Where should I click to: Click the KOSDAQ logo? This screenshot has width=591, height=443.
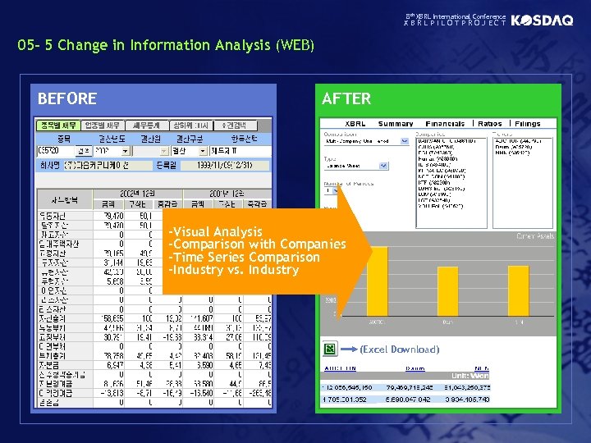point(542,21)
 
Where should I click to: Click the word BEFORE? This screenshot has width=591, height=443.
point(67,99)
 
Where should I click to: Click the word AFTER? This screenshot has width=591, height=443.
point(346,99)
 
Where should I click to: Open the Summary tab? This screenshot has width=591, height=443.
point(396,124)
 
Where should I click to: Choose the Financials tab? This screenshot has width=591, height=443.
point(445,124)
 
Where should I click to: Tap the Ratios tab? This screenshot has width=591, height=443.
point(490,124)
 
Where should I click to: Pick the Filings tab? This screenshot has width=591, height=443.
point(527,124)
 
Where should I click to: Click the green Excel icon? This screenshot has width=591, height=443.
point(329,349)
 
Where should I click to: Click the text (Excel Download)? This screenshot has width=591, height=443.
point(400,349)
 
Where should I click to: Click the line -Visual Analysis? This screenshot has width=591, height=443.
point(215,232)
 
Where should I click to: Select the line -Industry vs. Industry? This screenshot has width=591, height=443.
point(233,270)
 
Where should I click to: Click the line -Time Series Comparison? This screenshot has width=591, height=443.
point(244,258)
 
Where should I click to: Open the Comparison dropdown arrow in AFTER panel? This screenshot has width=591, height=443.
point(404,141)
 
